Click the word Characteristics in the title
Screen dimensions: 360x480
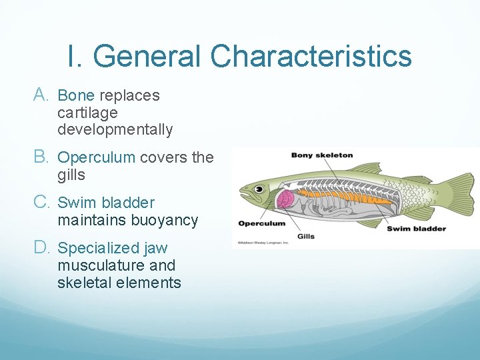pos(311,56)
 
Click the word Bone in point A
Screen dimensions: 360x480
pos(76,95)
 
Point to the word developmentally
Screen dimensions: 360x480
pos(115,130)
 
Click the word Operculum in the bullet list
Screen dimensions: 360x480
pos(97,157)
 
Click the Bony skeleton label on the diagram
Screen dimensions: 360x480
pos(321,155)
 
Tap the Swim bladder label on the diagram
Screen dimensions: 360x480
pos(417,229)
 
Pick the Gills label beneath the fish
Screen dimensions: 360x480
pos(306,236)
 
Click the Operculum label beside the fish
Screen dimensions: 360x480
pos(261,223)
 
